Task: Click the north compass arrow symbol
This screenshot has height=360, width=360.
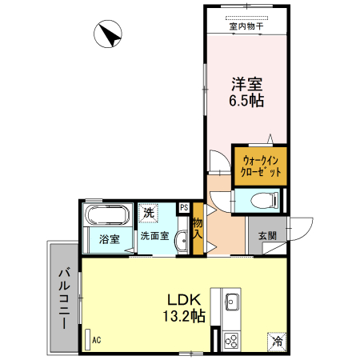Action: tap(107, 37)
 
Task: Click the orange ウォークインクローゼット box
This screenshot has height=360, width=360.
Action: tap(260, 166)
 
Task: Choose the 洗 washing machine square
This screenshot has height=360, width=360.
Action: tap(149, 214)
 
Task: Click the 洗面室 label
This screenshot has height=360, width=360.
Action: tap(154, 236)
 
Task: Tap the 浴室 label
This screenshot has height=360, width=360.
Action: tap(109, 239)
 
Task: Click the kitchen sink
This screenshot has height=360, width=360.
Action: tap(231, 302)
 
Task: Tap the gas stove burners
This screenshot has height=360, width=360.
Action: tap(231, 340)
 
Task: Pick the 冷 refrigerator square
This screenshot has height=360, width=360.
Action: tap(277, 341)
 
